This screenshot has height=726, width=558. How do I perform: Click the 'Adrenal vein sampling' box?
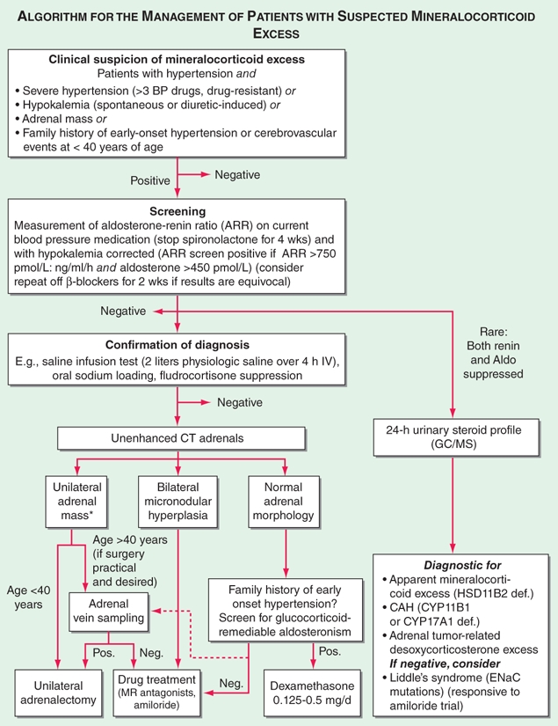coord(110,612)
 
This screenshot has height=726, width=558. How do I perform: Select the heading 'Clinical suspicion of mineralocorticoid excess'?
coord(178,60)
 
